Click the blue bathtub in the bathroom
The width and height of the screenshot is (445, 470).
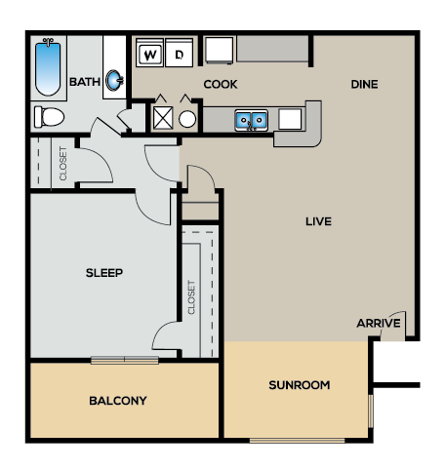pos(48,68)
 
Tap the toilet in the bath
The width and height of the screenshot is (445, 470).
pos(49,117)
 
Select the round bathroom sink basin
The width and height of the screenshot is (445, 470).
pos(114,80)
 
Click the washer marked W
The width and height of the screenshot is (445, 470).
pos(149,53)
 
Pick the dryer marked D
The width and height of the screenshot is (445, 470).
pos(179,53)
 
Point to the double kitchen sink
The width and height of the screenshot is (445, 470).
pos(252,121)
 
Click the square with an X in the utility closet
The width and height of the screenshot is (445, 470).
pos(163,117)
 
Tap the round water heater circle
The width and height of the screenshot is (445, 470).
pos(187,119)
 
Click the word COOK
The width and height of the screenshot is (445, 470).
pos(221,85)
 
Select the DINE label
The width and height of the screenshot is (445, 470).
pos(364,85)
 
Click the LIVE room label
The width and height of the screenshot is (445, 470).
pos(318,221)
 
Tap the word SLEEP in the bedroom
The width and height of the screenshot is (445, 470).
pos(104,273)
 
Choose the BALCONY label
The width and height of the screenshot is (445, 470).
pos(118,401)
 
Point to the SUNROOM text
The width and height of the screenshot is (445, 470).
pos(300,385)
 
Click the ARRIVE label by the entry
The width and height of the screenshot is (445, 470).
pos(379,324)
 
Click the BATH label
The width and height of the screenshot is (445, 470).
pos(85,82)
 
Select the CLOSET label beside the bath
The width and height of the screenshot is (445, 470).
pos(63,164)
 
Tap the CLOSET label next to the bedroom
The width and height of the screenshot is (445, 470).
pos(191,297)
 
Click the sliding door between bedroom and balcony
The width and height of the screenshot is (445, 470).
pos(125,360)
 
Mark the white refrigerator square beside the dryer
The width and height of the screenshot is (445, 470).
pos(220,51)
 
